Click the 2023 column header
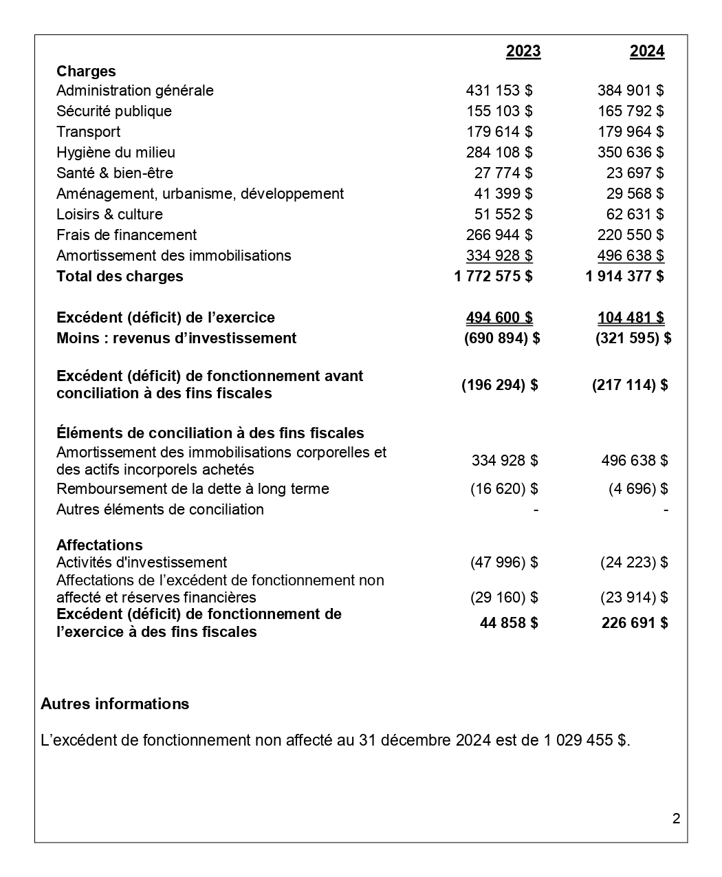[523, 52]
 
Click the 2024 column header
[647, 52]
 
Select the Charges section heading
[86, 72]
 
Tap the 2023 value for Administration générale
[499, 91]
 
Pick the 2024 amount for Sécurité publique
[631, 111]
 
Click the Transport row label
[88, 132]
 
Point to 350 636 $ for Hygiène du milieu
[631, 153]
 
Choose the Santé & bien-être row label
[115, 173]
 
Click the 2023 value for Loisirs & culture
[503, 215]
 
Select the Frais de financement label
[127, 235]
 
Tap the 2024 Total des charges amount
[624, 277]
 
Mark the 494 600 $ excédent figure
[499, 318]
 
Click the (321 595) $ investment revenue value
[633, 338]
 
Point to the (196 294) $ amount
[499, 385]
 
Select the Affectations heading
[100, 545]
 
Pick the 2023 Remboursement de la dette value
[504, 489]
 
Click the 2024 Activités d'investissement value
[634, 563]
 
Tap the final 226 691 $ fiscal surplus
[634, 623]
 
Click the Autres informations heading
[115, 704]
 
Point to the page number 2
[676, 819]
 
